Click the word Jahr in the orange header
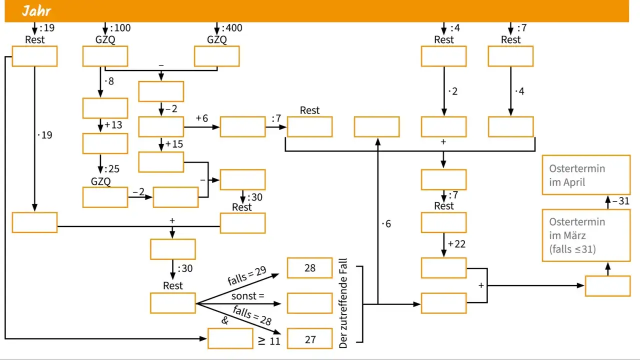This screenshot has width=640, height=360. tap(36, 11)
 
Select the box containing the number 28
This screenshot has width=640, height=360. tap(309, 267)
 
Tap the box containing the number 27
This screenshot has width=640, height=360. tap(309, 339)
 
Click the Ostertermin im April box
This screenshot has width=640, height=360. tap(586, 175)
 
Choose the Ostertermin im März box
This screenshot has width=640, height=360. tap(586, 235)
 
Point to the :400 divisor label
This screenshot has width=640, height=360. tap(232, 28)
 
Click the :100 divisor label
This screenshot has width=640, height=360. tap(120, 28)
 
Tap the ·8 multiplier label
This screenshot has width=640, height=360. tap(109, 81)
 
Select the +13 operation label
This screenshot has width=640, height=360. tap(113, 125)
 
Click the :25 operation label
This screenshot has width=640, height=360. tap(111, 169)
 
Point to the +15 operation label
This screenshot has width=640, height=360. tap(174, 144)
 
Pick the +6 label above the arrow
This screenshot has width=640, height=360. tap(201, 118)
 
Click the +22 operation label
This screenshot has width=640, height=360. tap(456, 244)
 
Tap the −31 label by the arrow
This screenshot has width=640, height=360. tap(621, 201)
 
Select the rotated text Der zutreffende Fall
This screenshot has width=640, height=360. tap(343, 303)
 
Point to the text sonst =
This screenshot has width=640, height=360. tap(247, 296)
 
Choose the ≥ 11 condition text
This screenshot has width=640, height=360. tap(269, 341)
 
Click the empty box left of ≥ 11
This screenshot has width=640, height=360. tap(230, 339)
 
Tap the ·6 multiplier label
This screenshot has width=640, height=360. tap(386, 223)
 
